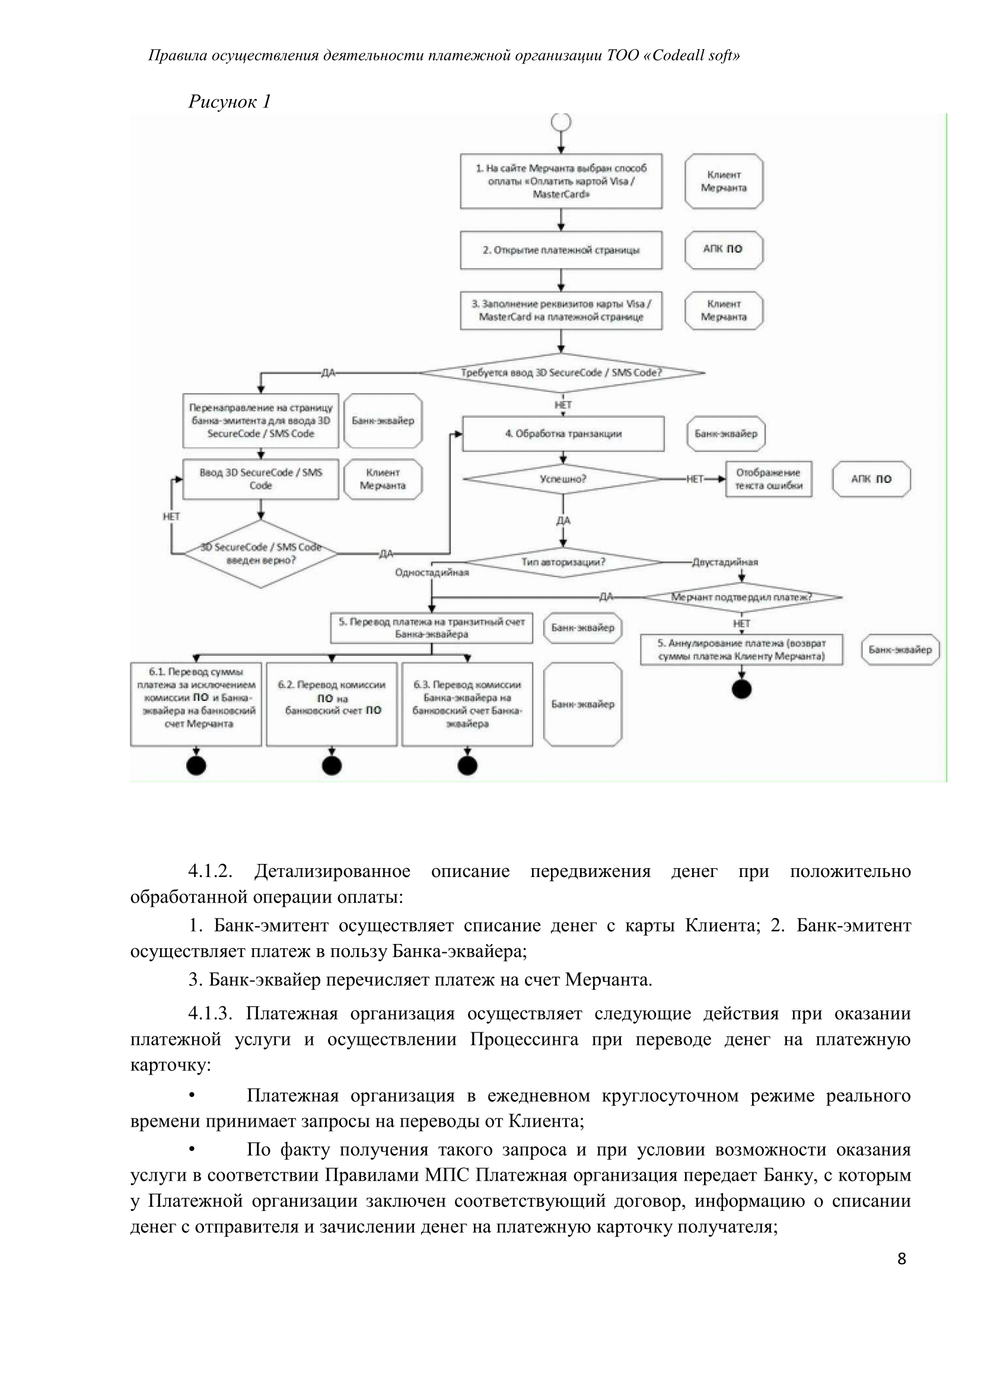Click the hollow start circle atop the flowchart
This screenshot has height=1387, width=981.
[561, 122]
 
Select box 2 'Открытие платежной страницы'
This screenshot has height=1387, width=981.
[560, 250]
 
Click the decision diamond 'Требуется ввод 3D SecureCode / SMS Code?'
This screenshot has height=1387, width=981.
[561, 373]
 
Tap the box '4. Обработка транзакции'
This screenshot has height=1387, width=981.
[563, 433]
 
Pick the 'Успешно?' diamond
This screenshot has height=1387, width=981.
[563, 479]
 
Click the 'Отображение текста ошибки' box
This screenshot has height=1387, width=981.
[768, 479]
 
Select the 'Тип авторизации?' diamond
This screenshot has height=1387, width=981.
[563, 562]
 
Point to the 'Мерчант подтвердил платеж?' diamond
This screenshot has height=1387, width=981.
[741, 598]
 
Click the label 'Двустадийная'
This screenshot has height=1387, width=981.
[725, 562]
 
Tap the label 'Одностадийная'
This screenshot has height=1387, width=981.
[432, 573]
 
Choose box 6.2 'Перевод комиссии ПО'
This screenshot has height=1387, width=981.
[332, 704]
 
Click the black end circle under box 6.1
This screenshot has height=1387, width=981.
[196, 766]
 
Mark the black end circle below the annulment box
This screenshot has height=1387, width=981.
[741, 689]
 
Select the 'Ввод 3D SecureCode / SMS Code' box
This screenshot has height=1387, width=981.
[260, 479]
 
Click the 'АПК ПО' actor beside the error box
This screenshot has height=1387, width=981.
[871, 479]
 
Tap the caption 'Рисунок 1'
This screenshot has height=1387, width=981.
[230, 101]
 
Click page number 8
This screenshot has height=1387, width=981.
[902, 1259]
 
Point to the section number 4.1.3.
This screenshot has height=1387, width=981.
[209, 1013]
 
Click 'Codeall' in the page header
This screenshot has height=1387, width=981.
[679, 56]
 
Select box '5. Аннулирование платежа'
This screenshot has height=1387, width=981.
[741, 649]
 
